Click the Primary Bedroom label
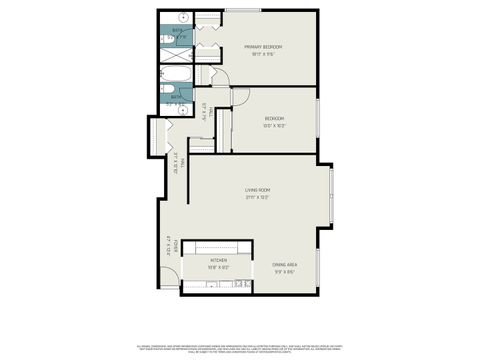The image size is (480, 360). [263, 47]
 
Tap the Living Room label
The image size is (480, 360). [258, 190]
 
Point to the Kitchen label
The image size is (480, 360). [219, 259]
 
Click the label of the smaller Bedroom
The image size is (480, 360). [274, 119]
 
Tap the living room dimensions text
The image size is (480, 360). [258, 197]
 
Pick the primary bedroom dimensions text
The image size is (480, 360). [263, 54]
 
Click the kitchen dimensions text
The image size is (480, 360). [219, 267]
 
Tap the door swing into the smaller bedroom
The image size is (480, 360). [240, 97]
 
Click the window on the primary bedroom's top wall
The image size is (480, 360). [238, 10]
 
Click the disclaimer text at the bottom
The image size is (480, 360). [240, 346]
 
